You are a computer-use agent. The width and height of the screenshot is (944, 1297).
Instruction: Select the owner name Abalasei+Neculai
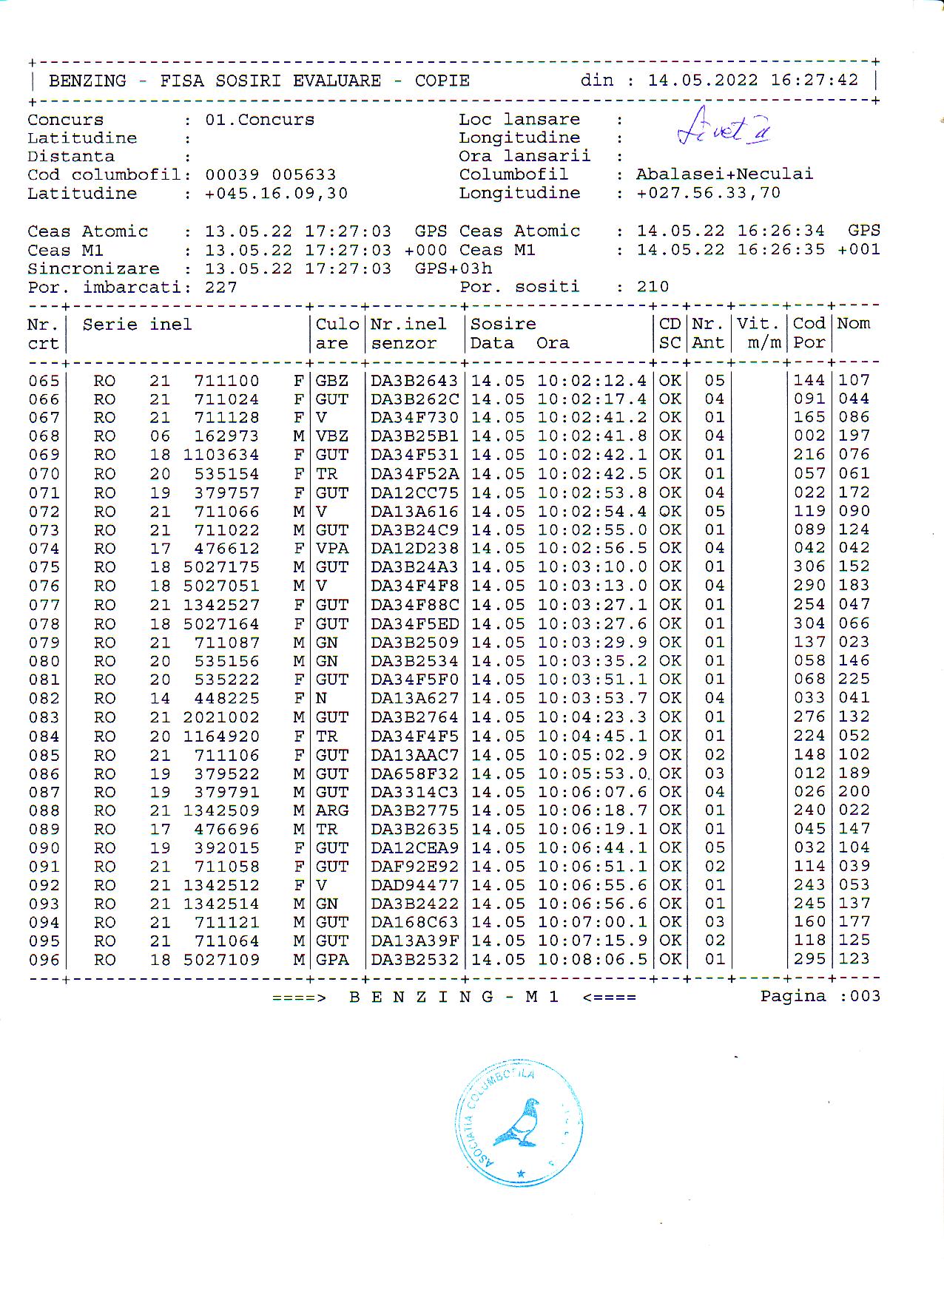(x=724, y=175)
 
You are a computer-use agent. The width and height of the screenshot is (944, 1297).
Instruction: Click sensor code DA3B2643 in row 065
(x=414, y=381)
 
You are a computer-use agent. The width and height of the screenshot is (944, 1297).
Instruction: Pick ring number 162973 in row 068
(x=226, y=436)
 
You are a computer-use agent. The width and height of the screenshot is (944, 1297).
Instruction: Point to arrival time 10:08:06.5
(x=592, y=959)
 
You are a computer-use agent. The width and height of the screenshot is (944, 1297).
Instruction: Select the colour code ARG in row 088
(x=332, y=810)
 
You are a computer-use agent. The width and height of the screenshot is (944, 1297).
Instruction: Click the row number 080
(x=44, y=661)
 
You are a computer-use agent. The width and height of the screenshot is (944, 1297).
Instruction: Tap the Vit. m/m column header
(x=759, y=333)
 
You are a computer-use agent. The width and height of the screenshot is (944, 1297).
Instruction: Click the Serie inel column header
(x=137, y=325)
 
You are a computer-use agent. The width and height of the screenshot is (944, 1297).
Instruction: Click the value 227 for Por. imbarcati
(x=221, y=287)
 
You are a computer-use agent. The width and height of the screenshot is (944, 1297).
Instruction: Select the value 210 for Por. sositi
(x=653, y=287)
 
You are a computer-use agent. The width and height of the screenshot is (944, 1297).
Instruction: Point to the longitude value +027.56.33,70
(x=708, y=193)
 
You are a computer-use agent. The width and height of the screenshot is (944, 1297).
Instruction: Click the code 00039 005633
(x=270, y=175)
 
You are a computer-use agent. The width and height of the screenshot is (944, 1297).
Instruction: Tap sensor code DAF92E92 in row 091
(x=414, y=867)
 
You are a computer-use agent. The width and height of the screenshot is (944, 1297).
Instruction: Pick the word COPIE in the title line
(x=442, y=81)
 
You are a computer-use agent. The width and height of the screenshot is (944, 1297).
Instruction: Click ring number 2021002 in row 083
(x=221, y=717)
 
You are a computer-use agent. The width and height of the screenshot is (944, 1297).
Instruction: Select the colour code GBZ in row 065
(x=332, y=381)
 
